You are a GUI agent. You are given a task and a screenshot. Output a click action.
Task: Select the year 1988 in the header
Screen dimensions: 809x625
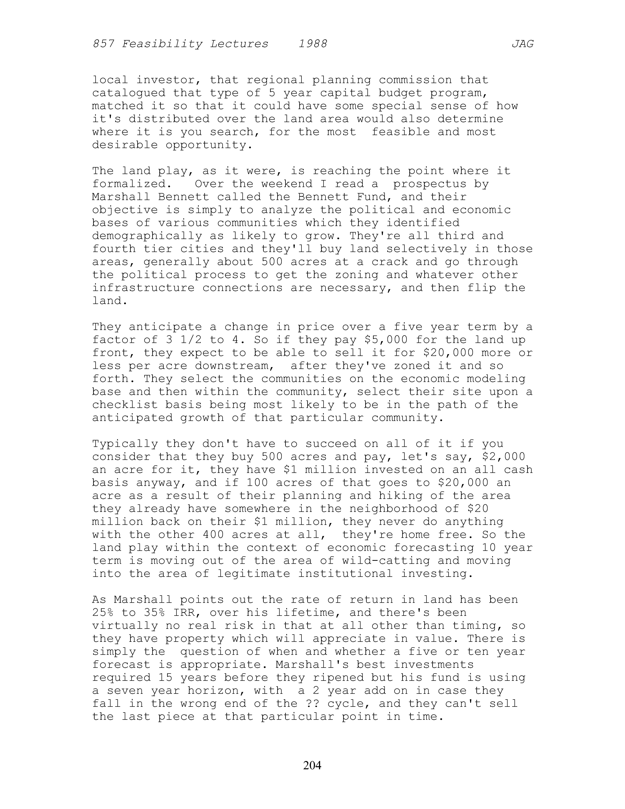[313, 44]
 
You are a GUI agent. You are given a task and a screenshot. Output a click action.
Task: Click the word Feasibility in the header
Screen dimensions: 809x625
[162, 44]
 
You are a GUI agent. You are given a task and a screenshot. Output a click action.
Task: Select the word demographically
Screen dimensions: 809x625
[147, 236]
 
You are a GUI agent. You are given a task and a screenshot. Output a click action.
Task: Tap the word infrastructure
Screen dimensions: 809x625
[143, 288]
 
